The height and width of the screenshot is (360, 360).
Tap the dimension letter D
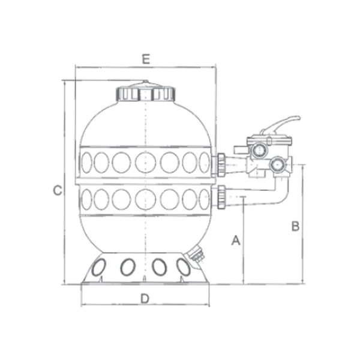(x=145, y=298)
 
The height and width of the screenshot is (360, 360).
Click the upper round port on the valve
(x=259, y=148)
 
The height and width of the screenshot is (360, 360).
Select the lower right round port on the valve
(x=277, y=164)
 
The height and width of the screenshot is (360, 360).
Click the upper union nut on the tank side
(x=221, y=161)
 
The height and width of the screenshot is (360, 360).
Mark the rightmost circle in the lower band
(x=202, y=197)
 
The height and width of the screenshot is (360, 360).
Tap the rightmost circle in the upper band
(x=202, y=161)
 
